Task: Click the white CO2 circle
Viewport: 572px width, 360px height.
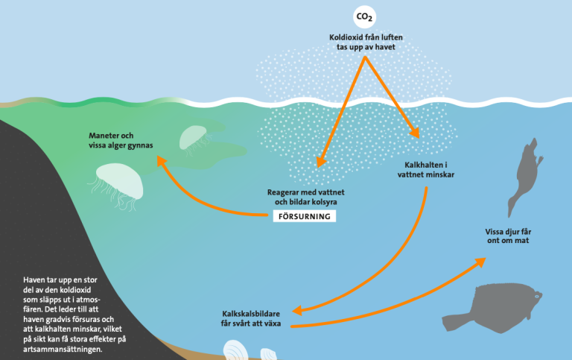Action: click(x=364, y=17)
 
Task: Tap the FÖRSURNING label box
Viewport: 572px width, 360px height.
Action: click(x=305, y=216)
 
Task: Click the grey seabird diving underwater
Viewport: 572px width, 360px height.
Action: click(x=524, y=176)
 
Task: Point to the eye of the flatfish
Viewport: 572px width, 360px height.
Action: click(x=537, y=297)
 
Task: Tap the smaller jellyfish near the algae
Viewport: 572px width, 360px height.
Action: click(x=194, y=139)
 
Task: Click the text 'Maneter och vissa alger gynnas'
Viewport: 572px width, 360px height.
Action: click(x=121, y=140)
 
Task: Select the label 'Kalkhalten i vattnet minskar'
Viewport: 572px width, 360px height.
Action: click(x=426, y=170)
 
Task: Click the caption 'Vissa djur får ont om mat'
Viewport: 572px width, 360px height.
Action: click(x=508, y=236)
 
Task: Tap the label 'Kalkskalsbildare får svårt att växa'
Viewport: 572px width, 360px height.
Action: click(x=251, y=318)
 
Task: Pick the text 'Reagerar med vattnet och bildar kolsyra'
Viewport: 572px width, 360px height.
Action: click(x=305, y=197)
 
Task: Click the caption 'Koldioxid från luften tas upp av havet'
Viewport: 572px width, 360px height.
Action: click(x=366, y=42)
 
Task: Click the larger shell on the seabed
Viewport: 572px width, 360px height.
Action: click(x=235, y=350)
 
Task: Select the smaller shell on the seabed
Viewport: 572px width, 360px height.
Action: click(x=268, y=354)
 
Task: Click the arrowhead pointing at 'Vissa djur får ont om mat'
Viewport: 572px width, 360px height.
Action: click(x=480, y=262)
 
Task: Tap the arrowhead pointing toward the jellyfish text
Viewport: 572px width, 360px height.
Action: click(x=161, y=161)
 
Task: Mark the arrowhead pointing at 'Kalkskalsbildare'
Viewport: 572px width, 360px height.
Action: click(x=298, y=310)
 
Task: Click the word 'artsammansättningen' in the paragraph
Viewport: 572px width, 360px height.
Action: click(x=63, y=349)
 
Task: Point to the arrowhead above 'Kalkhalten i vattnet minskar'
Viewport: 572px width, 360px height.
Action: click(x=415, y=133)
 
